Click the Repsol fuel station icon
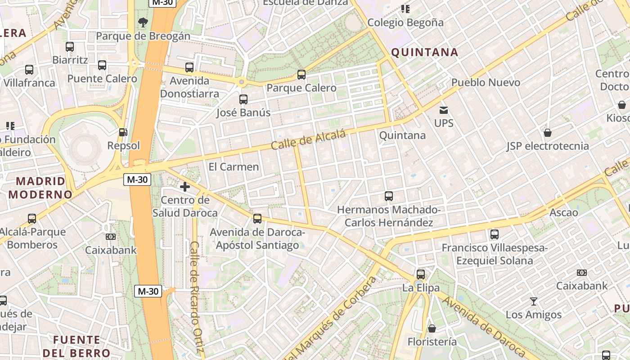[123, 132]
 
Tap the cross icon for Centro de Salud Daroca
[184, 186]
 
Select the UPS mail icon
[444, 110]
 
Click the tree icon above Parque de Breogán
[143, 22]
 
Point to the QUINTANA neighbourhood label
[424, 53]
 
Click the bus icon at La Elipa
[420, 274]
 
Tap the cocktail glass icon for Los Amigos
[534, 301]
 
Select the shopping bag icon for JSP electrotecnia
[548, 133]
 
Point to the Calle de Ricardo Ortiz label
[197, 297]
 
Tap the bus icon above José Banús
[243, 99]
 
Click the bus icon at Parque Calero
[301, 74]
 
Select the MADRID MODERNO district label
[40, 188]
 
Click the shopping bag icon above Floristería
[432, 328]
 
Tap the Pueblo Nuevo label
[486, 82]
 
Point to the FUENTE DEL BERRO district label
[76, 346]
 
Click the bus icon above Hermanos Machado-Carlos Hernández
[389, 196]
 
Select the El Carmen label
[234, 167]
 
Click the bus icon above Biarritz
[70, 46]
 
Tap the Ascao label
[563, 212]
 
